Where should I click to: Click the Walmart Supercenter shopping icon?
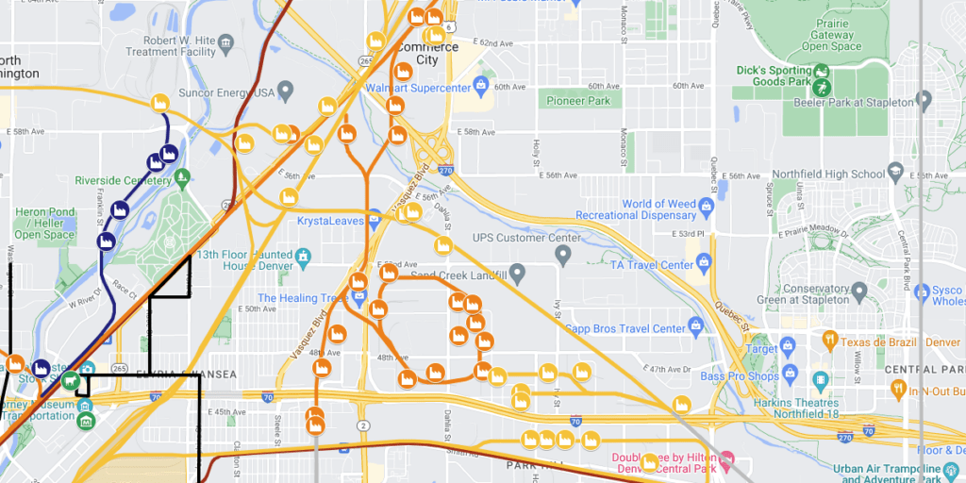481,87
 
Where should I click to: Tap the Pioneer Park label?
578,101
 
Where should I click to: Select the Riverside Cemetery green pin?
182,176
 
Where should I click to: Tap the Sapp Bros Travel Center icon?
696,327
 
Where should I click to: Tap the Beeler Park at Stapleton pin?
924,101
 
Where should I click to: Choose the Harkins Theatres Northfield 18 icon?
819,379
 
